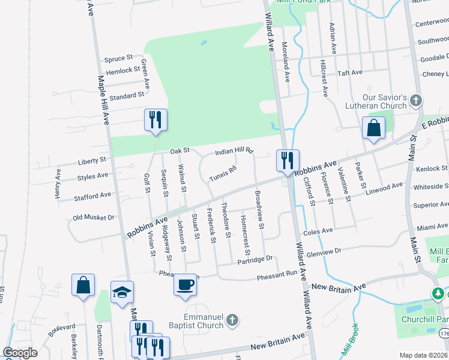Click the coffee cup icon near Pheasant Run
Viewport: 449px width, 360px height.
(185, 284)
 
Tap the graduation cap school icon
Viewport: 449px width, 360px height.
(122, 292)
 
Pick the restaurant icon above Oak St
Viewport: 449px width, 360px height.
(155, 119)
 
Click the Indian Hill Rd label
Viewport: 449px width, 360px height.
(234, 151)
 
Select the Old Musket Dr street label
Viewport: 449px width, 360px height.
(93, 217)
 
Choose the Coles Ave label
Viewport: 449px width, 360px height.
(319, 231)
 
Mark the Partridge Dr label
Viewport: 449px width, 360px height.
(255, 260)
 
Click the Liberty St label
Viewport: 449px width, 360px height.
(92, 161)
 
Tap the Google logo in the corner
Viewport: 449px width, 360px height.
(20, 353)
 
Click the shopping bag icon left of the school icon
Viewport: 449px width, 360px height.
(83, 285)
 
